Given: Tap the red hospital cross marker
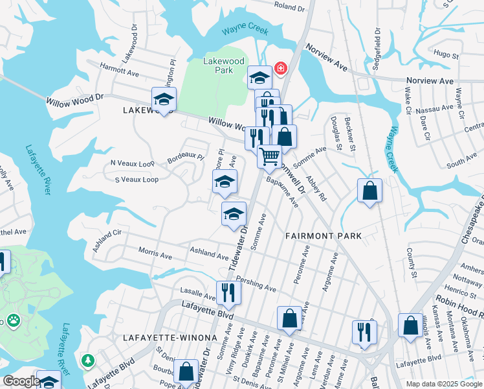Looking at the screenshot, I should (x=281, y=67).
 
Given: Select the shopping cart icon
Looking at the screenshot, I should (x=269, y=156).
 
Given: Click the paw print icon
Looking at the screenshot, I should (x=13, y=320).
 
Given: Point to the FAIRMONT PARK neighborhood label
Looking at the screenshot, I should (x=323, y=236).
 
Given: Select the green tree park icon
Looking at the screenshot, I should (x=87, y=359).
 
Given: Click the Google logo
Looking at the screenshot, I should (x=21, y=381).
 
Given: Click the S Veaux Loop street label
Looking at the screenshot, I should (x=137, y=180).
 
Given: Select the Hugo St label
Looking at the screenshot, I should (x=446, y=53).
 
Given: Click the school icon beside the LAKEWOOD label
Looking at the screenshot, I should (x=164, y=99).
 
